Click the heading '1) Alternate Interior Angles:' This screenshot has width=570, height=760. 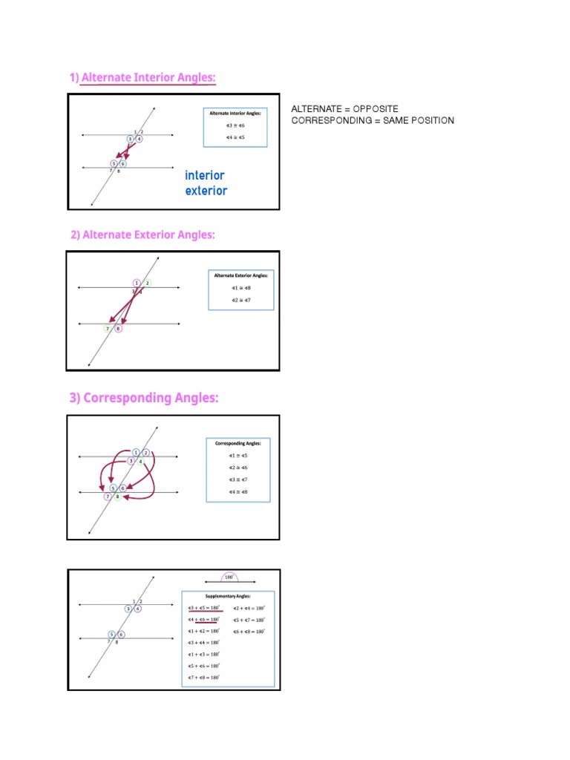click(x=142, y=78)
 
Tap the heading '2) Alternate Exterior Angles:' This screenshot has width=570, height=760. click(x=142, y=235)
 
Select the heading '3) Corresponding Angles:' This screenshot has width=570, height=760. click(x=144, y=399)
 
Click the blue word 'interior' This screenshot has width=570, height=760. click(x=204, y=176)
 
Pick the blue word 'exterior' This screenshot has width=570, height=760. click(x=206, y=191)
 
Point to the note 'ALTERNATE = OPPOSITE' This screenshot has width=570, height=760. click(x=344, y=109)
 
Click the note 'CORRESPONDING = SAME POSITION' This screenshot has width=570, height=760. click(x=373, y=120)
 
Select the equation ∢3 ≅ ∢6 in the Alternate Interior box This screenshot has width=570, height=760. click(x=235, y=126)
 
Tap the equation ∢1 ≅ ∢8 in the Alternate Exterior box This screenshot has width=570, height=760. click(x=241, y=287)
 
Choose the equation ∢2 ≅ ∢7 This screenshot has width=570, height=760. click(x=241, y=300)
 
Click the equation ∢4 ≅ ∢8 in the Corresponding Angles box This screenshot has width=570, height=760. click(x=239, y=492)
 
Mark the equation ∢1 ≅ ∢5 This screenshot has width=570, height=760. click(x=239, y=454)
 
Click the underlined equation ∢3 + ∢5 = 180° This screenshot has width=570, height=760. click(x=203, y=608)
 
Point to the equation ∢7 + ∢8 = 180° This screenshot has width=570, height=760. click(x=203, y=678)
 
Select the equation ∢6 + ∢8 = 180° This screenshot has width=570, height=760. click(x=249, y=631)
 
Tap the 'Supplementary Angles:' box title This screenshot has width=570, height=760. click(x=228, y=596)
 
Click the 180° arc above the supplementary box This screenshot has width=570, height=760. click(x=229, y=577)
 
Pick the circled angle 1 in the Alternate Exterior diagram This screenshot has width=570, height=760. click(x=137, y=283)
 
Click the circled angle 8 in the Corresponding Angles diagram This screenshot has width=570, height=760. click(x=117, y=497)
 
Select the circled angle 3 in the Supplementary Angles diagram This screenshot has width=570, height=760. click(x=129, y=609)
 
